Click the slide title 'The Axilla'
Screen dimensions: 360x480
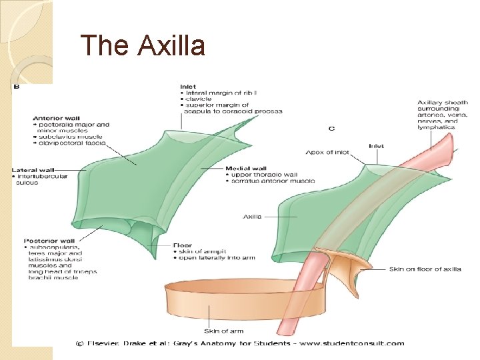click(x=142, y=46)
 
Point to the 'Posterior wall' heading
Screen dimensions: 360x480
click(x=47, y=241)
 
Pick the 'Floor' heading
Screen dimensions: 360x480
click(x=183, y=245)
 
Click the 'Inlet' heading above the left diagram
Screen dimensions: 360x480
click(x=187, y=86)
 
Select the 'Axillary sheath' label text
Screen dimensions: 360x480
click(x=443, y=103)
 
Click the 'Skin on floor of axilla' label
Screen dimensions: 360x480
click(x=425, y=269)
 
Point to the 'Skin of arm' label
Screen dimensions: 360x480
click(x=224, y=331)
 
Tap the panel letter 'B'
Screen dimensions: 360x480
click(x=17, y=87)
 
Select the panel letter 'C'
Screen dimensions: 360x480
click(x=332, y=127)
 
